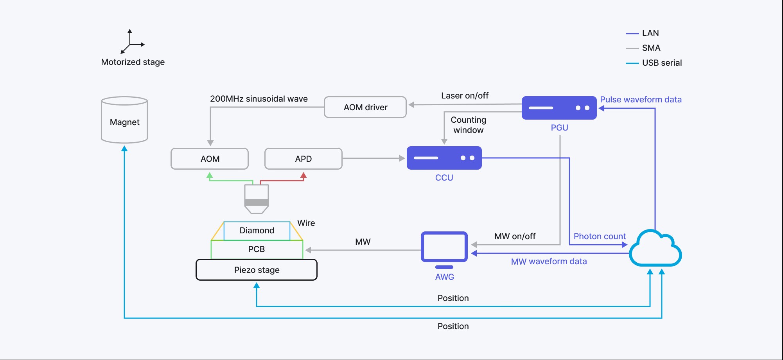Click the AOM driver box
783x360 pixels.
click(x=365, y=107)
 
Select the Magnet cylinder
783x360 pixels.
click(x=124, y=120)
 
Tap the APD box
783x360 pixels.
click(x=304, y=159)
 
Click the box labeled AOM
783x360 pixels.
click(x=210, y=159)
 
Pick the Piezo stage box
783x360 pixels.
click(x=257, y=270)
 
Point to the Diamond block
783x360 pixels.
click(x=257, y=231)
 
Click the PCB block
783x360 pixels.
click(x=257, y=249)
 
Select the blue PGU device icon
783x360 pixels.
click(x=559, y=108)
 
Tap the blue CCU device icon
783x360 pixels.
click(x=444, y=158)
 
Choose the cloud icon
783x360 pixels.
click(x=655, y=248)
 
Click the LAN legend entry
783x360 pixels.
click(x=643, y=33)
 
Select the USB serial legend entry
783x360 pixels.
click(x=654, y=63)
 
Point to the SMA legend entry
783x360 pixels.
click(x=643, y=48)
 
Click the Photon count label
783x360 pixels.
click(x=600, y=236)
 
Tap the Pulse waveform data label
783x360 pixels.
click(x=641, y=100)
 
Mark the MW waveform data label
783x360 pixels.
click(x=549, y=261)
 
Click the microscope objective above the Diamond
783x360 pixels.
click(x=257, y=199)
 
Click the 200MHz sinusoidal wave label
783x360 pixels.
click(x=259, y=99)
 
